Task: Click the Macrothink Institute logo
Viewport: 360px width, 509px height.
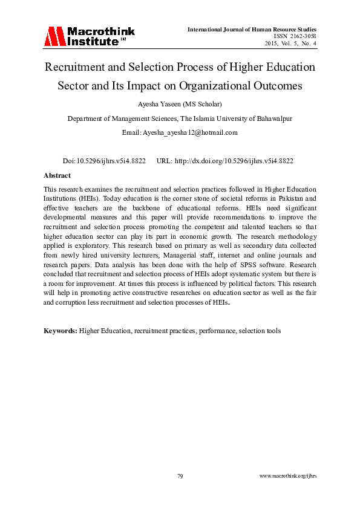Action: coord(89,36)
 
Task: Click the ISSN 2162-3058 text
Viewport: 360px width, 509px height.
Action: coord(292,36)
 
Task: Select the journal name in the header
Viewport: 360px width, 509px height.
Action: coord(252,29)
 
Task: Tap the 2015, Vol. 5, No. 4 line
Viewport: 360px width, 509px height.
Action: coord(291,44)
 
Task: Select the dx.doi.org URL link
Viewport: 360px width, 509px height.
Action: coord(234,161)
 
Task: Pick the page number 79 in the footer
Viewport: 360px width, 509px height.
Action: coord(180,476)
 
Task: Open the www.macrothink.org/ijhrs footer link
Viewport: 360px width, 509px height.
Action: coord(288,476)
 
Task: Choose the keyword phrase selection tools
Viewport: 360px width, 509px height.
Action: coord(261,331)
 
